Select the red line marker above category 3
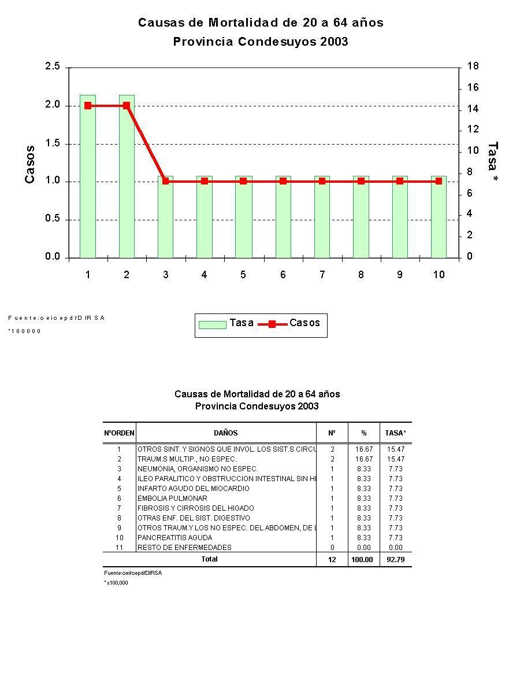point(166,181)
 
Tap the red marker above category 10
point(439,181)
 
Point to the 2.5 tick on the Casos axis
point(53,67)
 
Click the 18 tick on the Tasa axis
point(473,67)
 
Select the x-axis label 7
point(322,275)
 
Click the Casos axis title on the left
point(30,164)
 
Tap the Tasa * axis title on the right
point(493,164)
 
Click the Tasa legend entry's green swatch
point(212,324)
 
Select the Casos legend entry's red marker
point(273,324)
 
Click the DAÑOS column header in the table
point(225,433)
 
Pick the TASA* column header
point(395,433)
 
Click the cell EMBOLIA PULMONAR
point(172,499)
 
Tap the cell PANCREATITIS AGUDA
point(174,538)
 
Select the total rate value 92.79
point(395,560)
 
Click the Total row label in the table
point(209,559)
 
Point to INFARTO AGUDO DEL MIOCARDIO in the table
point(193,489)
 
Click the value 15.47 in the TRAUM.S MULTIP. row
point(395,459)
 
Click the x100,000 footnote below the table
point(117,583)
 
